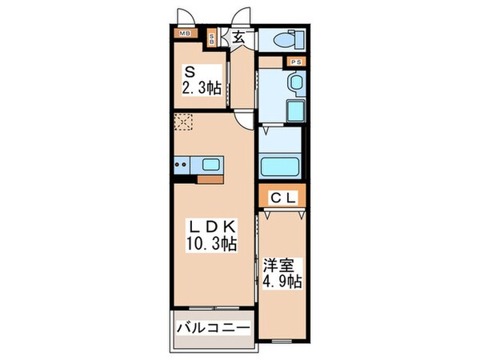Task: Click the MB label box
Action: pyautogui.click(x=185, y=34)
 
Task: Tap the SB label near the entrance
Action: pyautogui.click(x=211, y=37)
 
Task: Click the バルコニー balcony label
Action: pyautogui.click(x=213, y=327)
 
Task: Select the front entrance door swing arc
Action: pyautogui.click(x=241, y=18)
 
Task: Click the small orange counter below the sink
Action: pyautogui.click(x=210, y=178)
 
